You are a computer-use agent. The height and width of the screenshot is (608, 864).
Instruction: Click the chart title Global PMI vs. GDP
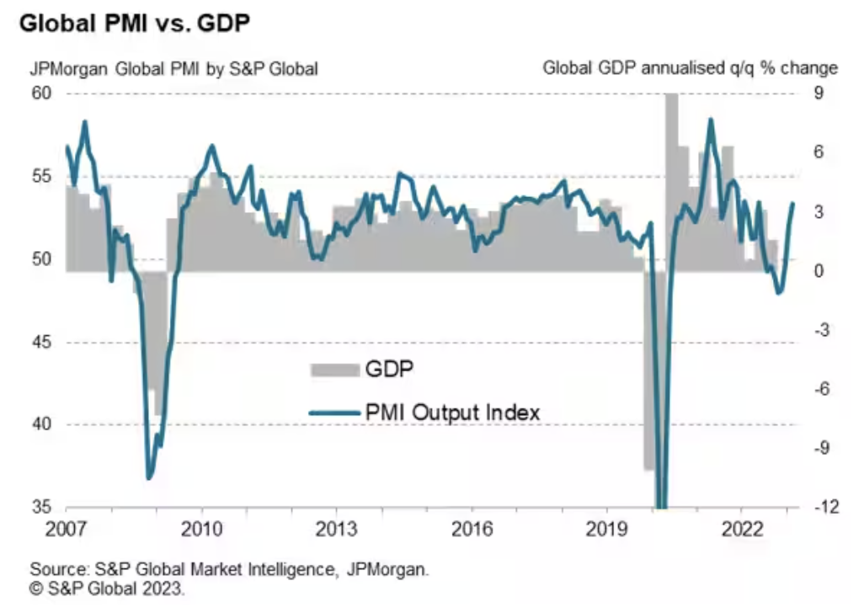[x=135, y=24]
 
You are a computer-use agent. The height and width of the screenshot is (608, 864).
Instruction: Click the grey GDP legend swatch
[x=333, y=369]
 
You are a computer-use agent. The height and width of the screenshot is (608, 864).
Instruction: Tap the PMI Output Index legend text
[x=453, y=413]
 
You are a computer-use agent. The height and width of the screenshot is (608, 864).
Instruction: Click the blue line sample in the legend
[x=333, y=413]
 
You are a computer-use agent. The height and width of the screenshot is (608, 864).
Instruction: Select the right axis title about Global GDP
[x=690, y=67]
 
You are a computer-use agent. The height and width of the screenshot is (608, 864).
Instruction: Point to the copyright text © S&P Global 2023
[x=107, y=589]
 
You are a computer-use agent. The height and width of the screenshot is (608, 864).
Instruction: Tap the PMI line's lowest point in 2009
[x=149, y=478]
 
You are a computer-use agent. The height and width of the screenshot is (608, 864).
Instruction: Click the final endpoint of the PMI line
[x=792, y=204]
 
